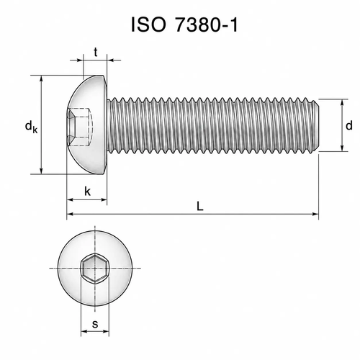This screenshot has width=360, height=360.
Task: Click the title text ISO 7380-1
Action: click(x=184, y=24)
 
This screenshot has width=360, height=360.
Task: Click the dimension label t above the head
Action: click(x=96, y=52)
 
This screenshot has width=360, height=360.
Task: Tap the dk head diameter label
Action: click(x=31, y=126)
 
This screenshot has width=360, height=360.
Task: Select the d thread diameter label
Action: click(x=349, y=125)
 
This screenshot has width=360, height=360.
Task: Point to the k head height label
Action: click(x=88, y=192)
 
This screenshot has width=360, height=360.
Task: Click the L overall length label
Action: click(x=199, y=206)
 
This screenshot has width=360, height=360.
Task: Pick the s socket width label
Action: click(x=95, y=324)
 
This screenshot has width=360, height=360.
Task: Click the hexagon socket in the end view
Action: click(x=95, y=269)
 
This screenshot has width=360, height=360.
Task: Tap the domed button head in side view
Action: click(x=87, y=125)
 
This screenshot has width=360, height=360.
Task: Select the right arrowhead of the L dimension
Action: click(x=315, y=214)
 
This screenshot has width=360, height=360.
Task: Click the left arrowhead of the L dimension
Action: click(x=70, y=214)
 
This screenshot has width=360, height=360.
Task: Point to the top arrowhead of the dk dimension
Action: click(x=42, y=79)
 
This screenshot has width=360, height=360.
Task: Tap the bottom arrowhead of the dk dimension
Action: click(x=42, y=171)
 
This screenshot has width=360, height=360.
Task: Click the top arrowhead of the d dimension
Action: click(x=343, y=102)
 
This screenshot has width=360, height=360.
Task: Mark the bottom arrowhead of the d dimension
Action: click(x=343, y=148)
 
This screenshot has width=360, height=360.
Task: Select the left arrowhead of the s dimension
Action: click(x=84, y=331)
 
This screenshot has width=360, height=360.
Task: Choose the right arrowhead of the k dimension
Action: click(x=103, y=199)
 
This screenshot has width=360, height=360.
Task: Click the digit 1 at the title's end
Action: click(x=234, y=24)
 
